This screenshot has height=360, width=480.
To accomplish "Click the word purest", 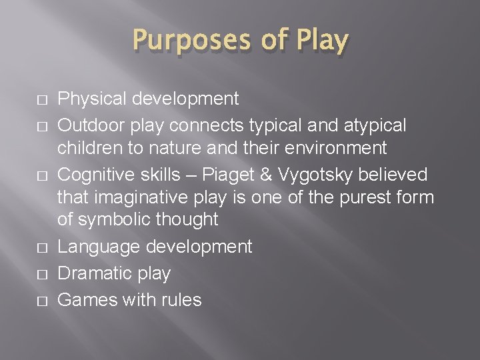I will click(354, 198).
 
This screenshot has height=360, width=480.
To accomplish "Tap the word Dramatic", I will click(96, 273).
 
